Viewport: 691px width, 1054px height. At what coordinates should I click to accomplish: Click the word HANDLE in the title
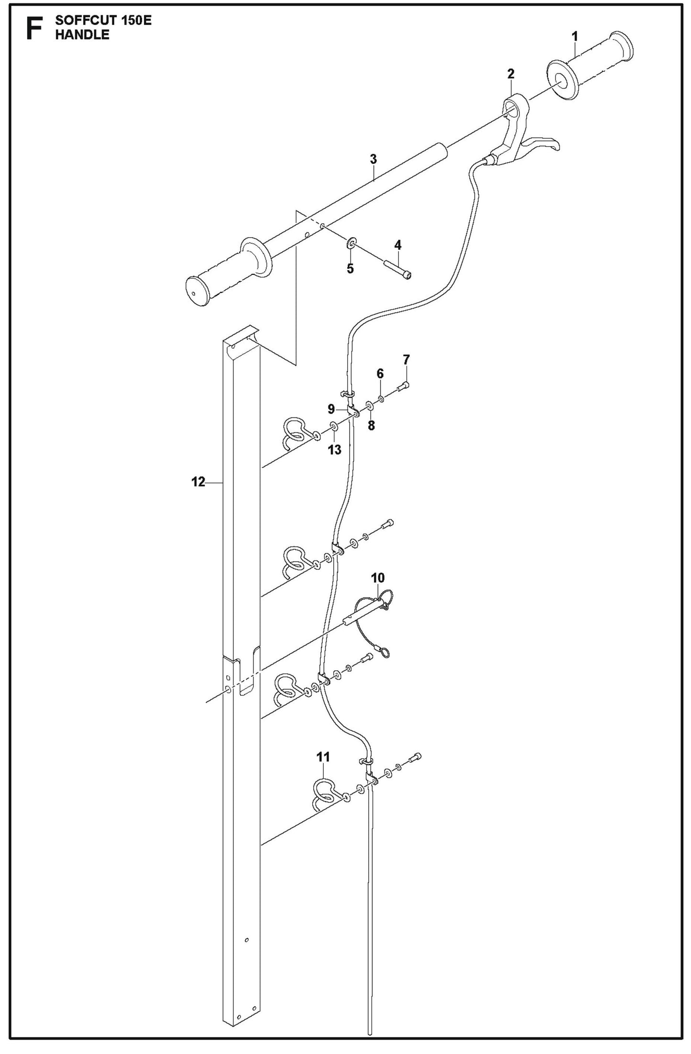(x=82, y=34)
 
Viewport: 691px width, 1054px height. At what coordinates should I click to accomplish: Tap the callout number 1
(x=575, y=36)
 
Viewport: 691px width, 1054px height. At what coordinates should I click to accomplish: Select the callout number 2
(x=511, y=74)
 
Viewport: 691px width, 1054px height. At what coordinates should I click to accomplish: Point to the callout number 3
(x=373, y=159)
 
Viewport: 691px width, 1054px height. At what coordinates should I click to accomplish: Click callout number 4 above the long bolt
(x=398, y=245)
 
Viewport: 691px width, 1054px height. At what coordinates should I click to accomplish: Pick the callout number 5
(x=350, y=269)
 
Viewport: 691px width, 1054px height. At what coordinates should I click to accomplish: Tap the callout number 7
(x=406, y=359)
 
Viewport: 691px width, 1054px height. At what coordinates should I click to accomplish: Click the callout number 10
(x=377, y=578)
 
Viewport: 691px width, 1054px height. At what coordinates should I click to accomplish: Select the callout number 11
(x=323, y=757)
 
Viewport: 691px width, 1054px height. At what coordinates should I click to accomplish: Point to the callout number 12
(x=198, y=482)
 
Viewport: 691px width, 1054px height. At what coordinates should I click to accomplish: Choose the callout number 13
(x=335, y=450)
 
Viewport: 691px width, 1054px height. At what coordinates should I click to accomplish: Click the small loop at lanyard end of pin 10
(x=385, y=652)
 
